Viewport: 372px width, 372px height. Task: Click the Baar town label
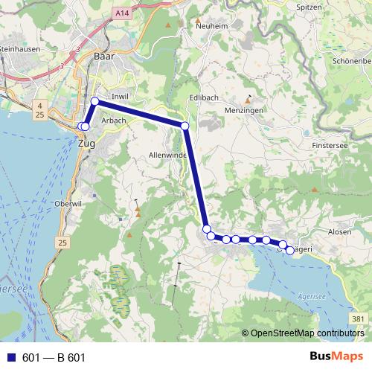[x=103, y=56]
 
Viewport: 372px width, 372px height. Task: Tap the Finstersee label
[x=331, y=145]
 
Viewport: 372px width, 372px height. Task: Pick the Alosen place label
[x=339, y=232]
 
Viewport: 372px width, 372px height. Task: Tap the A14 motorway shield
[x=122, y=13]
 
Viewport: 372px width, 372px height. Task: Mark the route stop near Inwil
[x=95, y=101]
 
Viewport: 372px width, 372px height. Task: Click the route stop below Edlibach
[x=185, y=126]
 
